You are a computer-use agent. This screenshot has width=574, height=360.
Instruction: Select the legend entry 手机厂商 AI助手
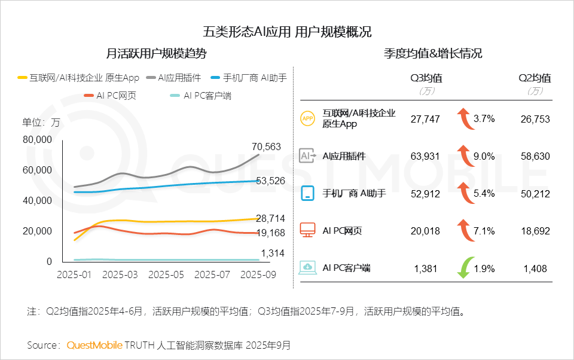255,78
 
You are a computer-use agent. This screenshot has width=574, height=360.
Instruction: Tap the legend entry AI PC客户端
207,96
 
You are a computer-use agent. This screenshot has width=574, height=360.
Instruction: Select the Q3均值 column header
426,78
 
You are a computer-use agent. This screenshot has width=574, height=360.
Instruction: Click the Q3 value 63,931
426,157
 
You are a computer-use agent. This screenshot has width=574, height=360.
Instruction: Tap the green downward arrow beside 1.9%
462,268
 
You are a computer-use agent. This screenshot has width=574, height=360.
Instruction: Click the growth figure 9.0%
484,157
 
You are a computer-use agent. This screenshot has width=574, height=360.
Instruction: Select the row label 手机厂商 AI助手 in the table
355,194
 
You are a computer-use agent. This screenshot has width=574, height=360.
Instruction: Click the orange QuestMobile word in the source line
94,346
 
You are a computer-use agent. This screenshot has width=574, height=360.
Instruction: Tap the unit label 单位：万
41,123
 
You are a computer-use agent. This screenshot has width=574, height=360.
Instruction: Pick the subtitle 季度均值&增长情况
433,54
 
